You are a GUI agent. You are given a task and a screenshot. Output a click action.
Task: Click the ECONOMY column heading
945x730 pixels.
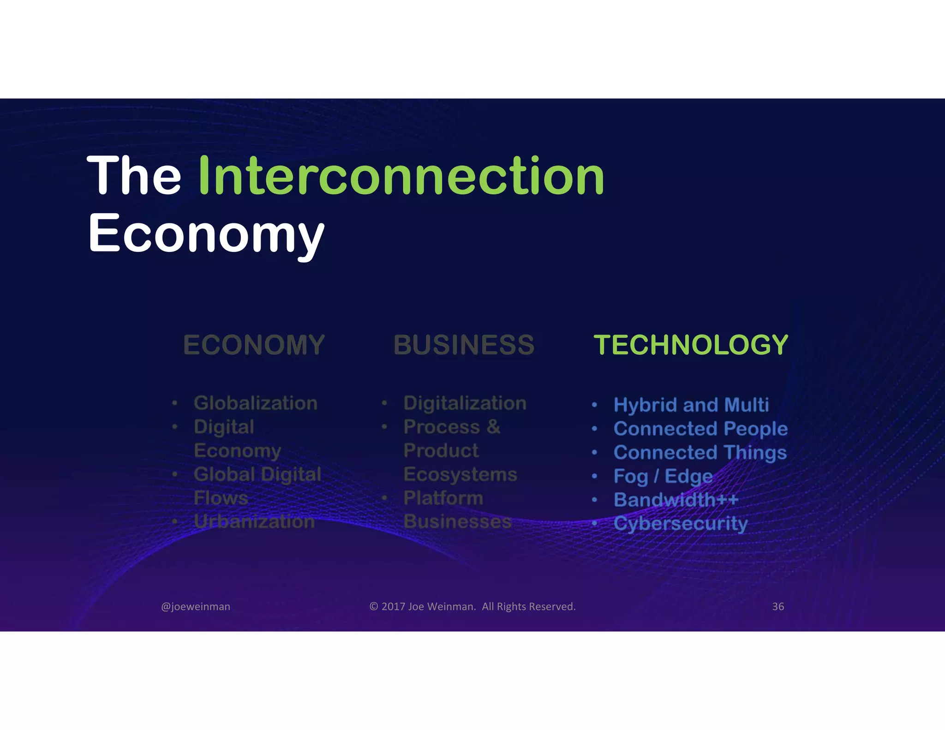[254, 345]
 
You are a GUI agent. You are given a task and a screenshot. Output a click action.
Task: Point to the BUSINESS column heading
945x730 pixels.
[464, 345]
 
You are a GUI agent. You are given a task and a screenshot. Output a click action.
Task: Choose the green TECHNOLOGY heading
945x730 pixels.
[691, 345]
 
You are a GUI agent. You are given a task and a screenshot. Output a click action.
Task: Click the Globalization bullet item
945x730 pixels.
[256, 403]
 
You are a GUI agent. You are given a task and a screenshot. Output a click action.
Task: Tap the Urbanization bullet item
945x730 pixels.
[254, 521]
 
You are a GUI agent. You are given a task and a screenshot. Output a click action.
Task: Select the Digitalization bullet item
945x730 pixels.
[465, 403]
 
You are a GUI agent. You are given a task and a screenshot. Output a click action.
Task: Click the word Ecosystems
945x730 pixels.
[460, 474]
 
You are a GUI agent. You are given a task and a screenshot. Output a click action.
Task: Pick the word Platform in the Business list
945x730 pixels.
[443, 498]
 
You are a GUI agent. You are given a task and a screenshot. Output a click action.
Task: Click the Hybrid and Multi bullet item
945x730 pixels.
[691, 405]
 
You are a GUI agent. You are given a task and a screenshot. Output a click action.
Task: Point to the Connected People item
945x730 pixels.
[700, 429]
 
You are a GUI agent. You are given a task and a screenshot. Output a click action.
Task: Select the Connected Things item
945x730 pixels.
[700, 453]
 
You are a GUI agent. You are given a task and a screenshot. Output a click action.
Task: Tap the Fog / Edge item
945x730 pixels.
[663, 476]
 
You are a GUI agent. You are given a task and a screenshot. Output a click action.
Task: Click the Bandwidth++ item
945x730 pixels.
[676, 500]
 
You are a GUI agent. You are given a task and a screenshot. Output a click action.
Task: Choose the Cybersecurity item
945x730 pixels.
[681, 524]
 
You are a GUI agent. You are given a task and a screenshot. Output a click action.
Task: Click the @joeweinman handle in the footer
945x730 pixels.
[196, 606]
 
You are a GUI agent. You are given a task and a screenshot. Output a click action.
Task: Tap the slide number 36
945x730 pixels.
[778, 606]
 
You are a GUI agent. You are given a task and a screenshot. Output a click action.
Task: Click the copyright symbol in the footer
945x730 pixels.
[373, 606]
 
